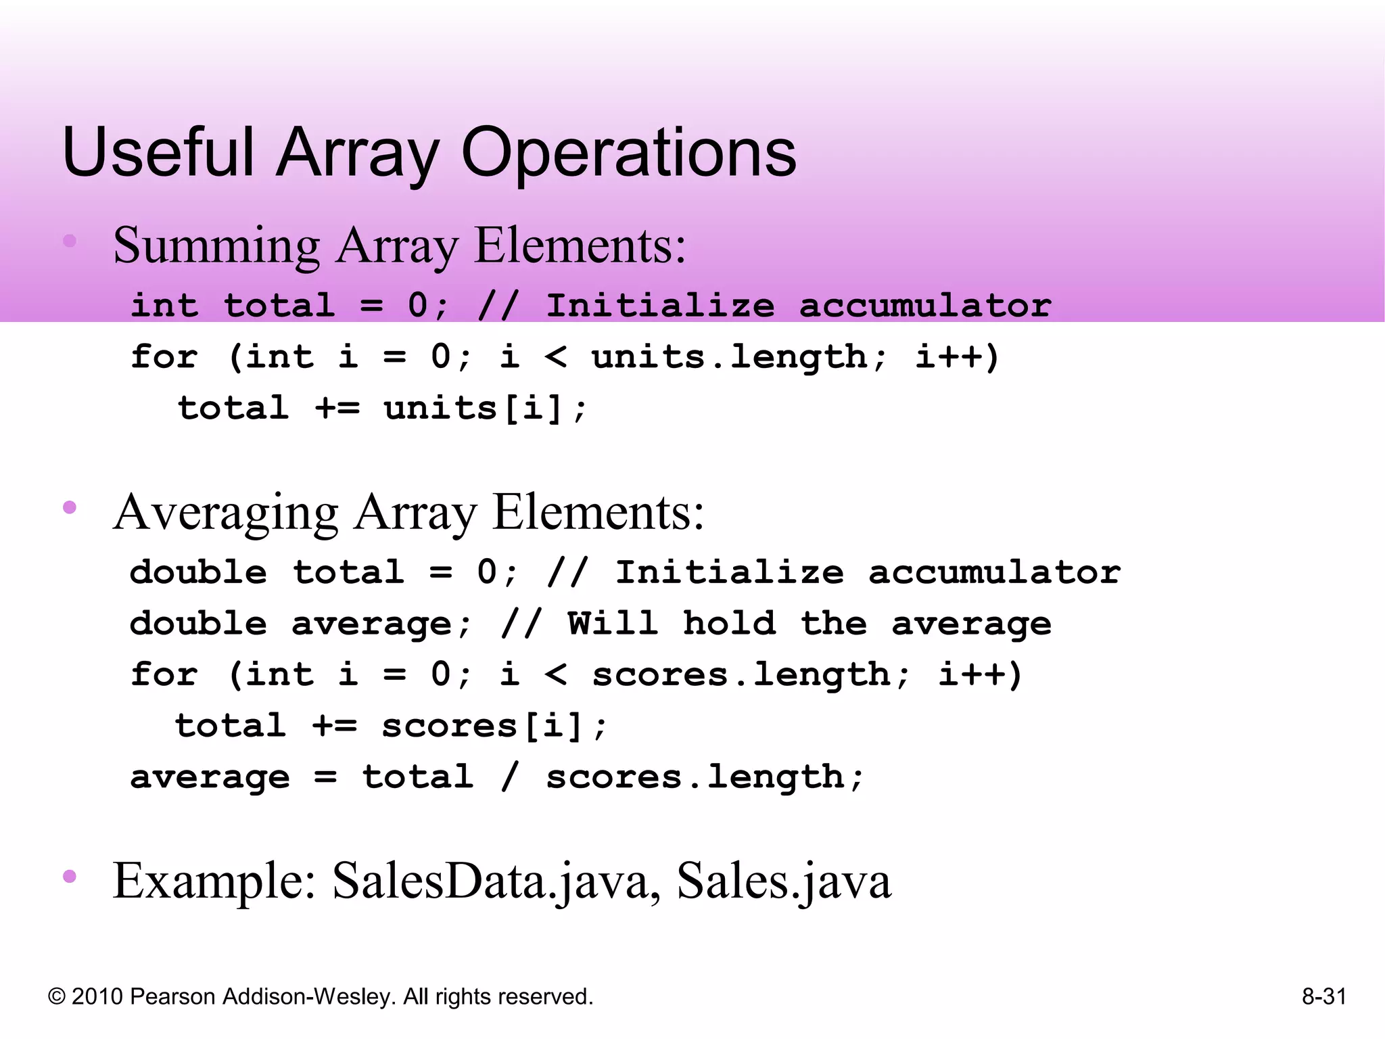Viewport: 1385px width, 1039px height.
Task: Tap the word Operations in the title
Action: (x=628, y=154)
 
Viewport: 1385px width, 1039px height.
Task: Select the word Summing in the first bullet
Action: (x=216, y=246)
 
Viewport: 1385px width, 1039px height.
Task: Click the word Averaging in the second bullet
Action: (x=226, y=513)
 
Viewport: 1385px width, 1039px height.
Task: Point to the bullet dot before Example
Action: (x=69, y=877)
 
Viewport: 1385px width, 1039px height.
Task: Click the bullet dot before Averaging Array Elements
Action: (x=69, y=507)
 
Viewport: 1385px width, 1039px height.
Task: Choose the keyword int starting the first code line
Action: (x=164, y=305)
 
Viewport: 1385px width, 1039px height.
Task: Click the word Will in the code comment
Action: (x=612, y=623)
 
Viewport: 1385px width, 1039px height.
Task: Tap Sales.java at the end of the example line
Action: (x=784, y=881)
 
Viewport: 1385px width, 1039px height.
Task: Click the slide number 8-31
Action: (x=1324, y=996)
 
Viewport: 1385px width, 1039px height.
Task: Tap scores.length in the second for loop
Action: (x=751, y=674)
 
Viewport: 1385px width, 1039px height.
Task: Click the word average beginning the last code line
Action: (x=210, y=777)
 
